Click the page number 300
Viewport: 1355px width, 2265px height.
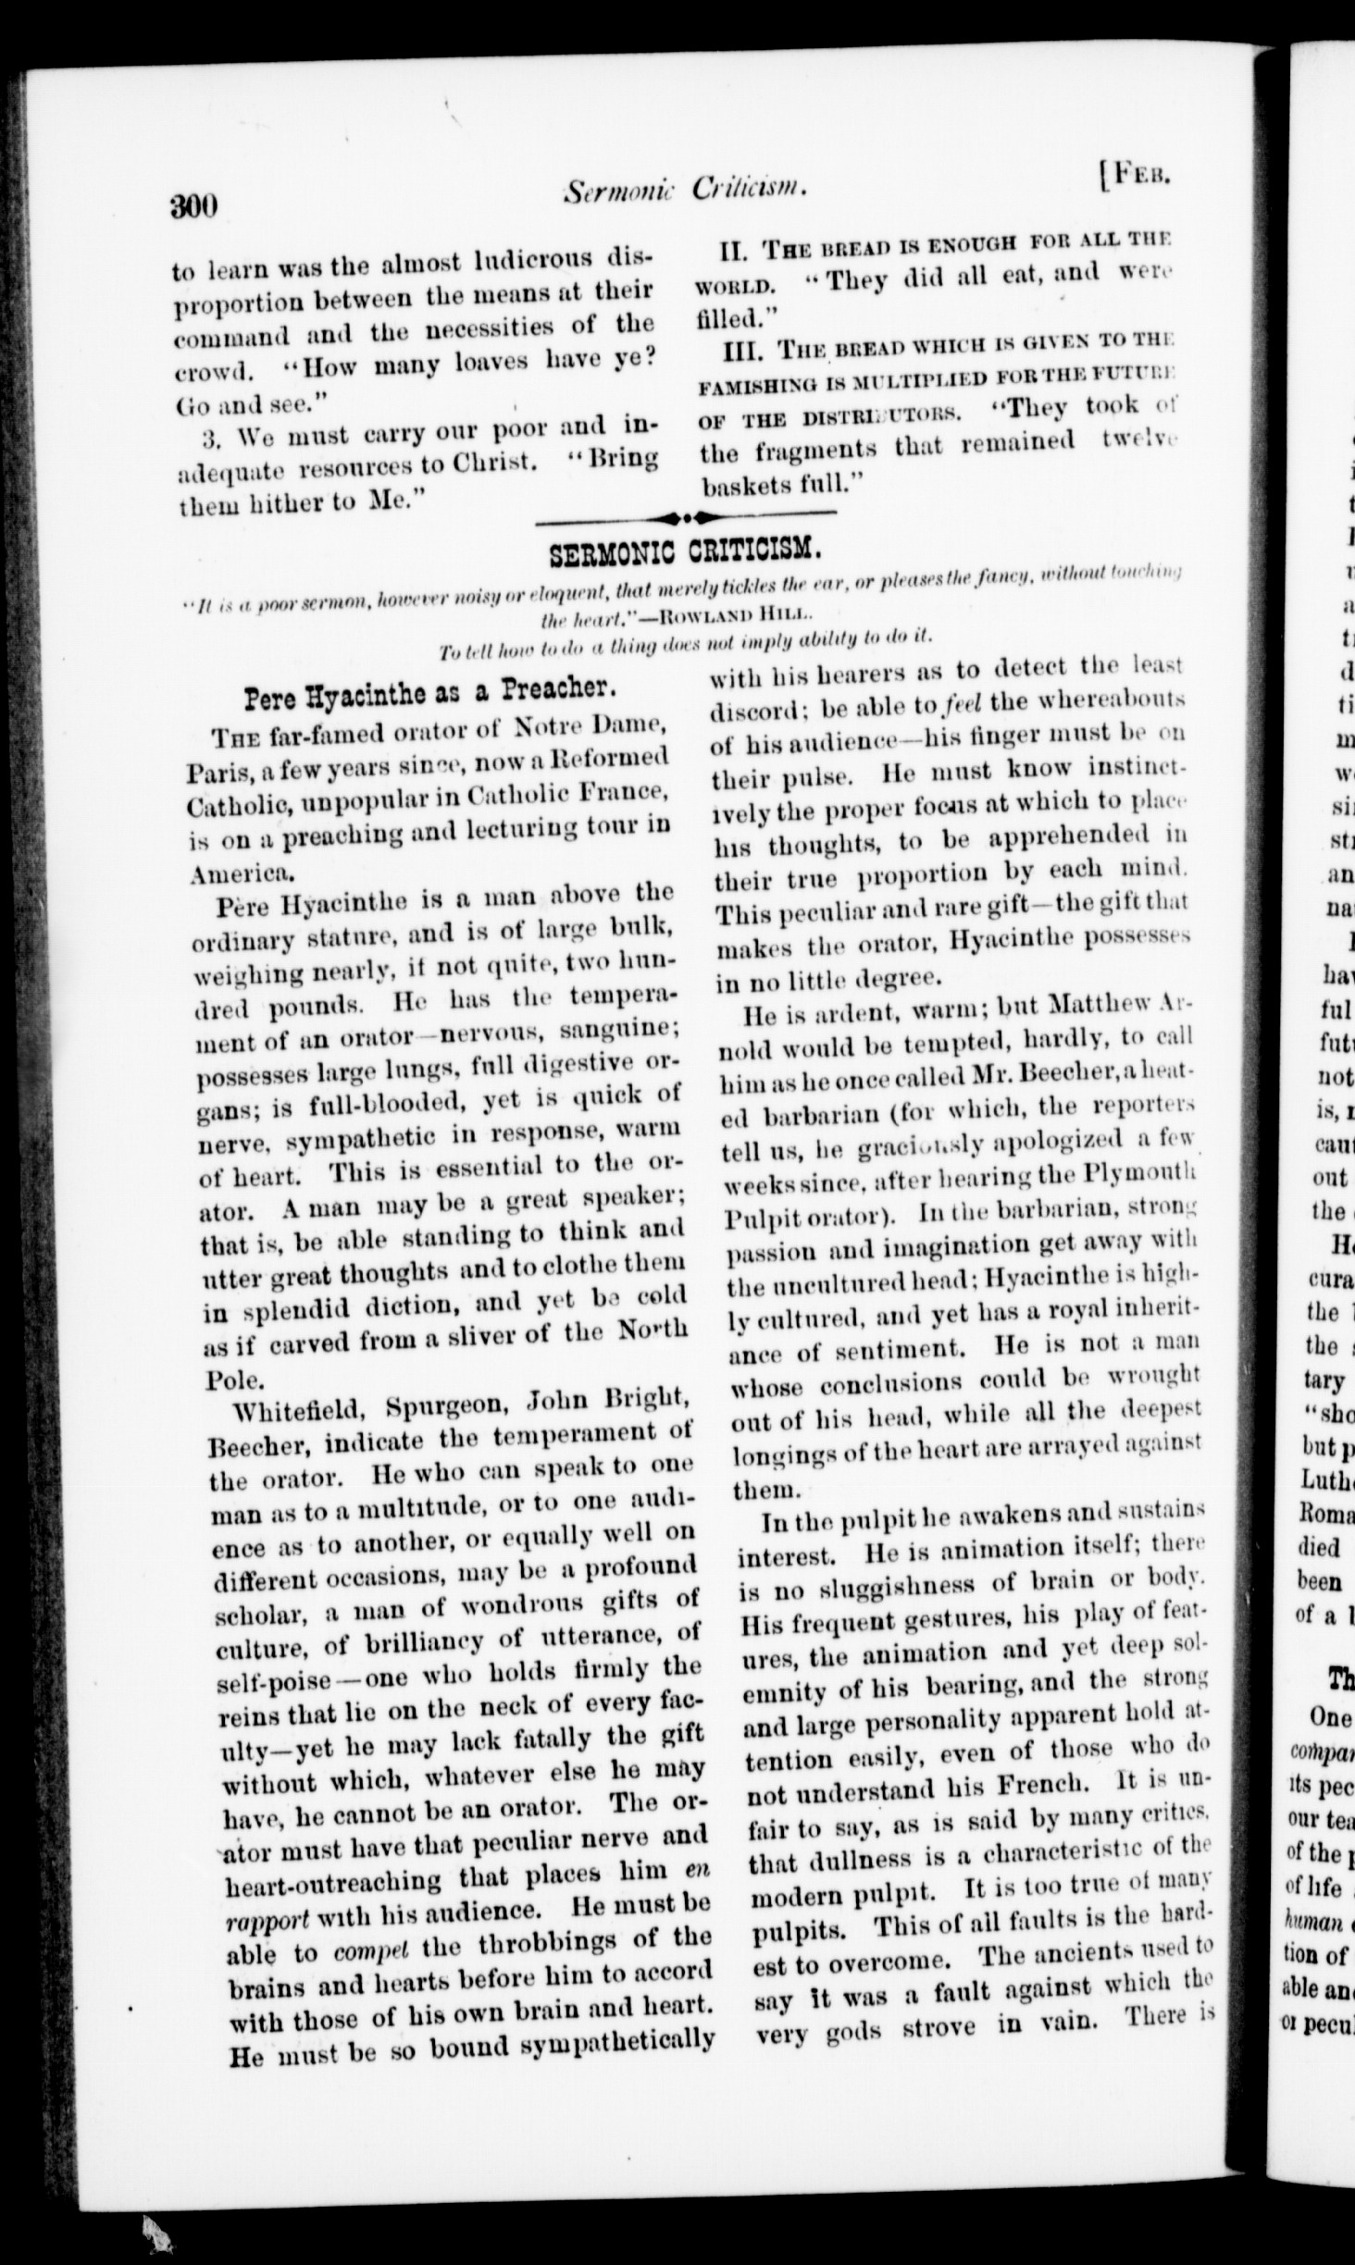193,204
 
